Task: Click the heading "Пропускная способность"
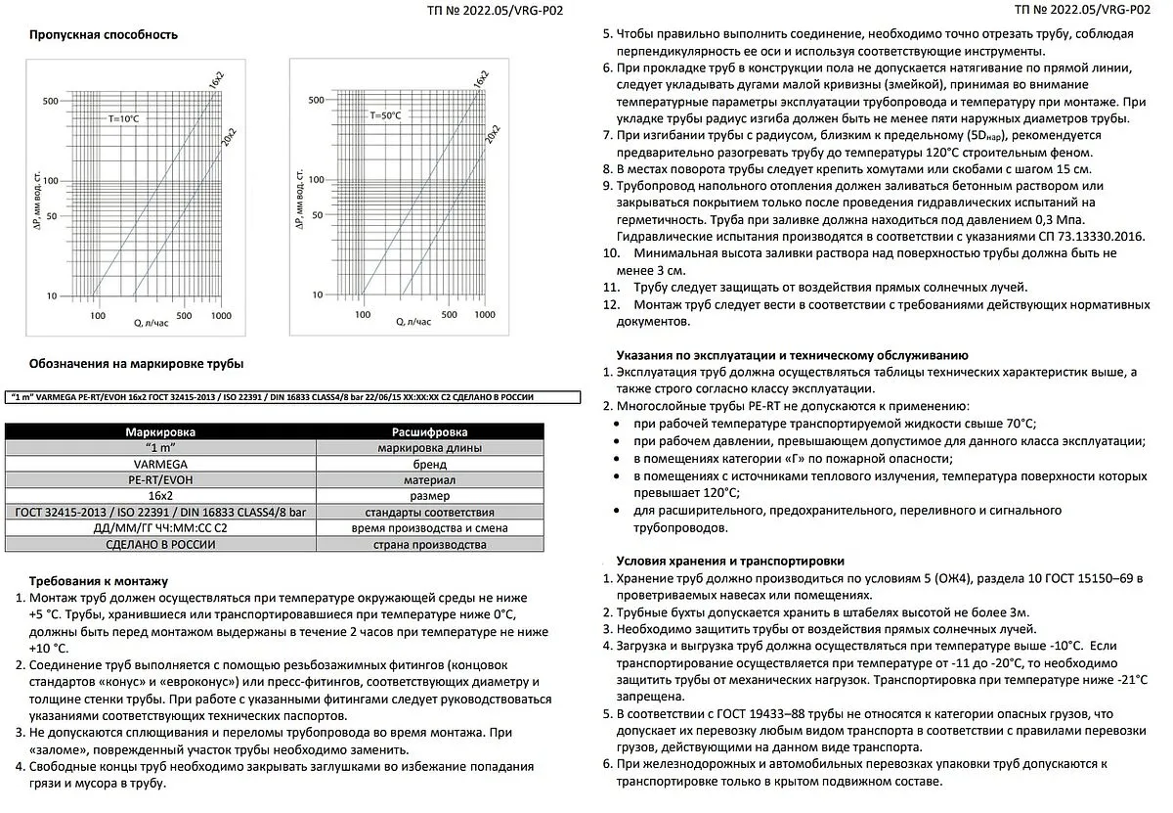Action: [x=104, y=35]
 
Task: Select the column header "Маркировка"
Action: [x=160, y=431]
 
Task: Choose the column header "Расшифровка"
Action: [x=429, y=431]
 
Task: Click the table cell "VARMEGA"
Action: [x=160, y=464]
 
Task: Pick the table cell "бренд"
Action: [x=429, y=464]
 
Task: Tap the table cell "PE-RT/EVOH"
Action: [x=160, y=480]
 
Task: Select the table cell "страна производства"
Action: [x=429, y=544]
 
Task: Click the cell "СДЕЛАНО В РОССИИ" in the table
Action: [x=160, y=544]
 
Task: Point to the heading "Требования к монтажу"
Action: [x=99, y=580]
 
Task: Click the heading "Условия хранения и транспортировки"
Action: [x=730, y=561]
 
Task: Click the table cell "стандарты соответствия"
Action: [x=429, y=512]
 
